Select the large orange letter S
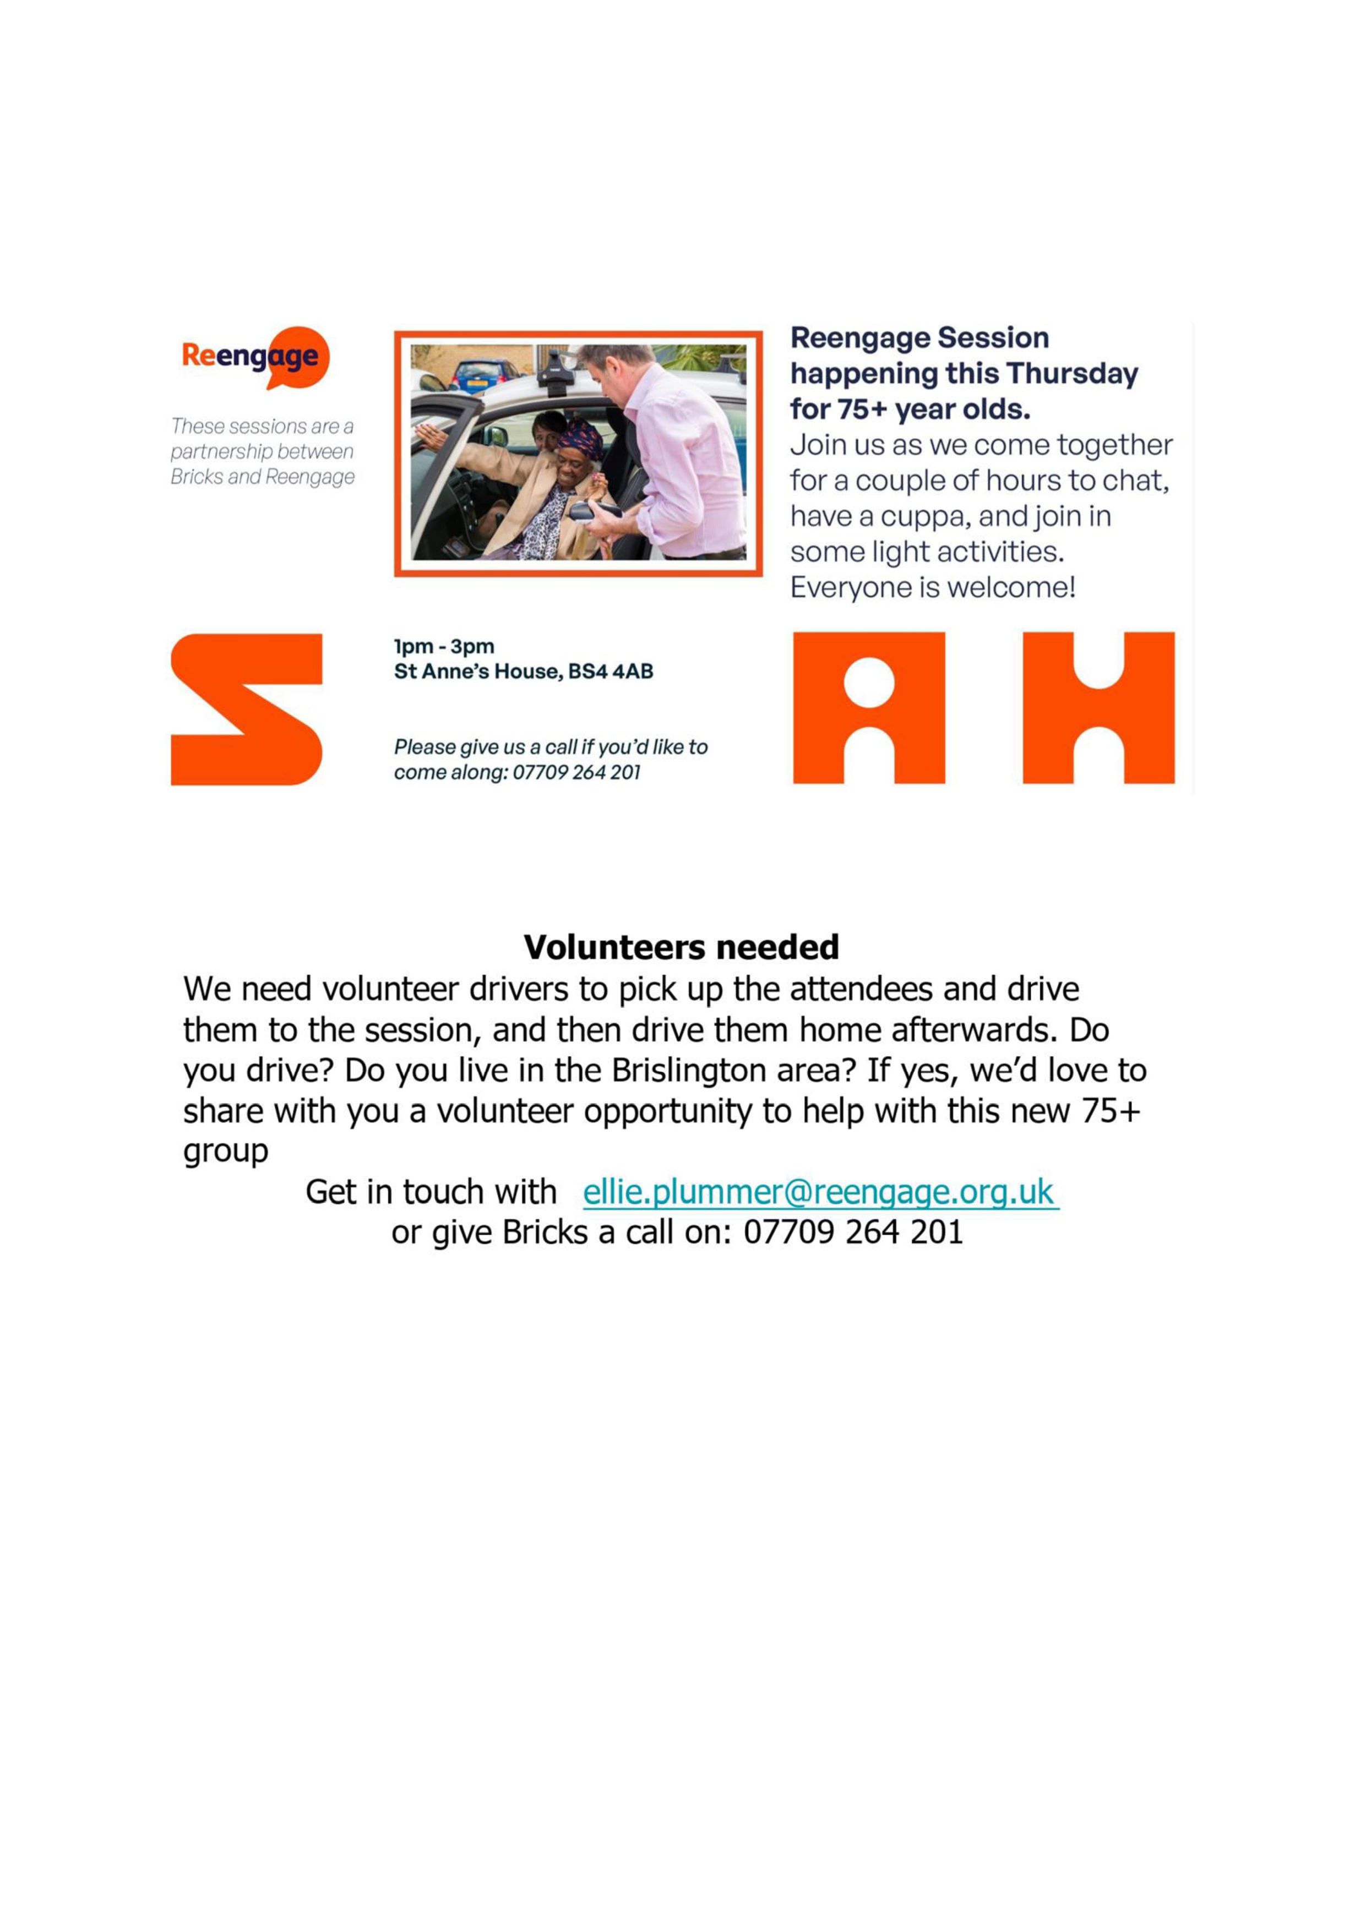(247, 709)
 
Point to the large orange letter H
(1098, 707)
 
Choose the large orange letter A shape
(869, 707)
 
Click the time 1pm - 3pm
(444, 647)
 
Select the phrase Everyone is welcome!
(933, 587)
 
